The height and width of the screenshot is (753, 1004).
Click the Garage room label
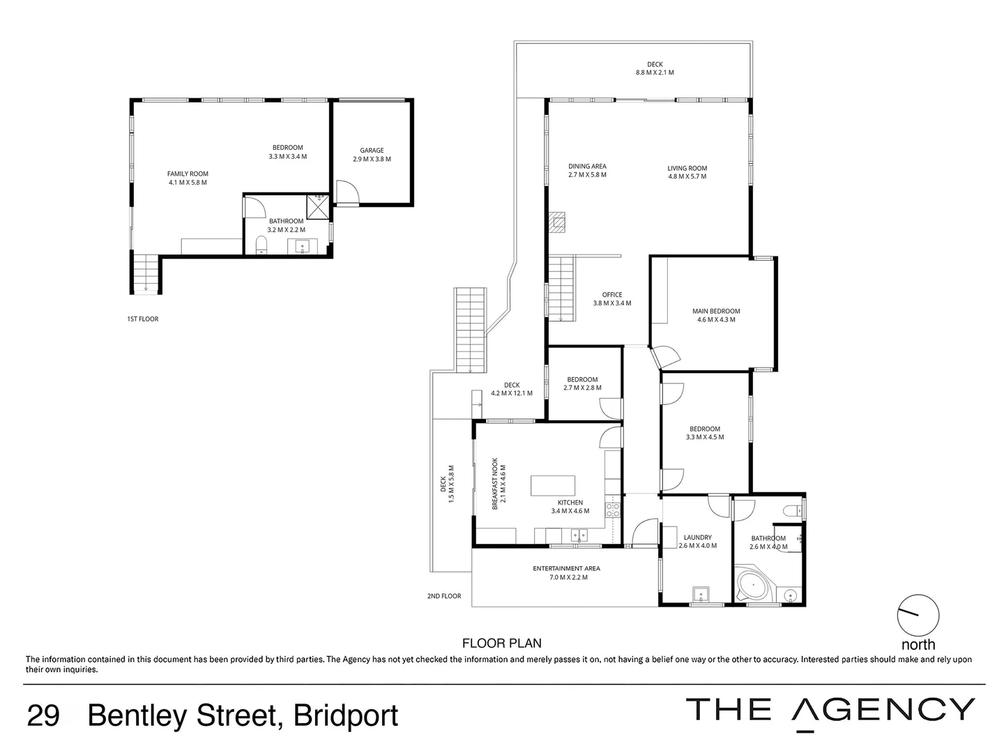[x=372, y=150]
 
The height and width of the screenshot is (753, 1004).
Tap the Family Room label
[x=188, y=174]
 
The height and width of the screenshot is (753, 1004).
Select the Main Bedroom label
[x=716, y=312]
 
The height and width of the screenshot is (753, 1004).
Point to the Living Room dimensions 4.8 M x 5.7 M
[x=687, y=176]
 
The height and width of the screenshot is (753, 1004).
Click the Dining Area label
[x=587, y=167]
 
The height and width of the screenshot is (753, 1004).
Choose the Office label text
[x=612, y=295]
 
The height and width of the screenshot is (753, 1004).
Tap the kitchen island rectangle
[x=552, y=485]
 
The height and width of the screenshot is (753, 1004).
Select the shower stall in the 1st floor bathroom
[x=318, y=206]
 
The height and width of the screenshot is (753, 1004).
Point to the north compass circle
[x=918, y=615]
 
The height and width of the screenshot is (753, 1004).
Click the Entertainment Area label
[x=566, y=569]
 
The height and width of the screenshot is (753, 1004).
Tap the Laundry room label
[x=697, y=538]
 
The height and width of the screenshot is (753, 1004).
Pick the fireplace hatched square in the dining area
[x=558, y=222]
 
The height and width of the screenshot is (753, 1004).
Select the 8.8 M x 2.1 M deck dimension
[x=655, y=73]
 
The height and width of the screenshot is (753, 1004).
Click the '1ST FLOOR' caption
[x=143, y=319]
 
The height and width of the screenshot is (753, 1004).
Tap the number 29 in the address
[x=43, y=715]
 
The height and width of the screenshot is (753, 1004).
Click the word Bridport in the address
[x=346, y=717]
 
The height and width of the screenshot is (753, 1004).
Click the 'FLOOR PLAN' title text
[x=502, y=644]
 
